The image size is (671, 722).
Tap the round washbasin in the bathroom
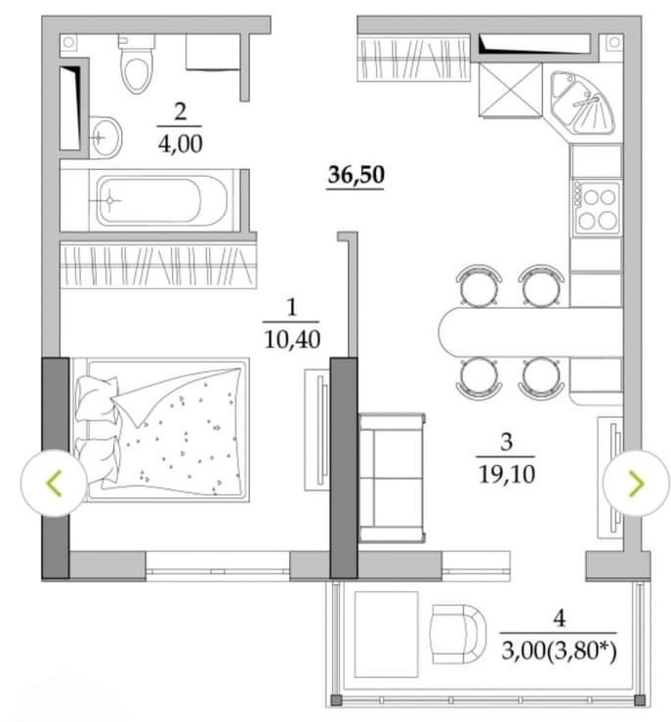point(105,137)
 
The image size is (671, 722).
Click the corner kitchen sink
point(583,103)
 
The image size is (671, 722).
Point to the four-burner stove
point(597,208)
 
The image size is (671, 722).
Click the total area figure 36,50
point(356,175)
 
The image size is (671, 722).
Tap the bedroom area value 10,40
point(292,340)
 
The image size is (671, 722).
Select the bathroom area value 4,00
point(180,145)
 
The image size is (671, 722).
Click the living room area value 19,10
point(506,474)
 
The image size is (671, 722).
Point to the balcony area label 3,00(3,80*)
point(559,651)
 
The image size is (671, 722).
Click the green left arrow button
point(54,483)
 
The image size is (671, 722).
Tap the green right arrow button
point(636,483)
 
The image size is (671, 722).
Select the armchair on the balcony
point(457,634)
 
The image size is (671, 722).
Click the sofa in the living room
point(392,478)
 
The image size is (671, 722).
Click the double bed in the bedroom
point(160,430)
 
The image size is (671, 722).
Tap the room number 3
point(506,442)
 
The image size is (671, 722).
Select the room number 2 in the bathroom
point(180,112)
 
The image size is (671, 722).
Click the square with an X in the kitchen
point(510,90)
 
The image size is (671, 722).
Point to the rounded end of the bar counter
point(448,331)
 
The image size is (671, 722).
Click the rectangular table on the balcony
point(386,634)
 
